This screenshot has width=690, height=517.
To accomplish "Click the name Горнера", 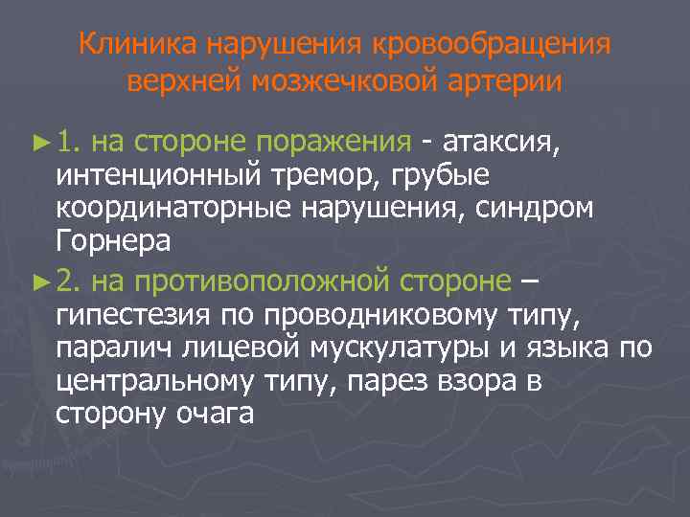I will pyautogui.click(x=113, y=243).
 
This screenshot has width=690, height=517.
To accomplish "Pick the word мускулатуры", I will pyautogui.click(x=383, y=348).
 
